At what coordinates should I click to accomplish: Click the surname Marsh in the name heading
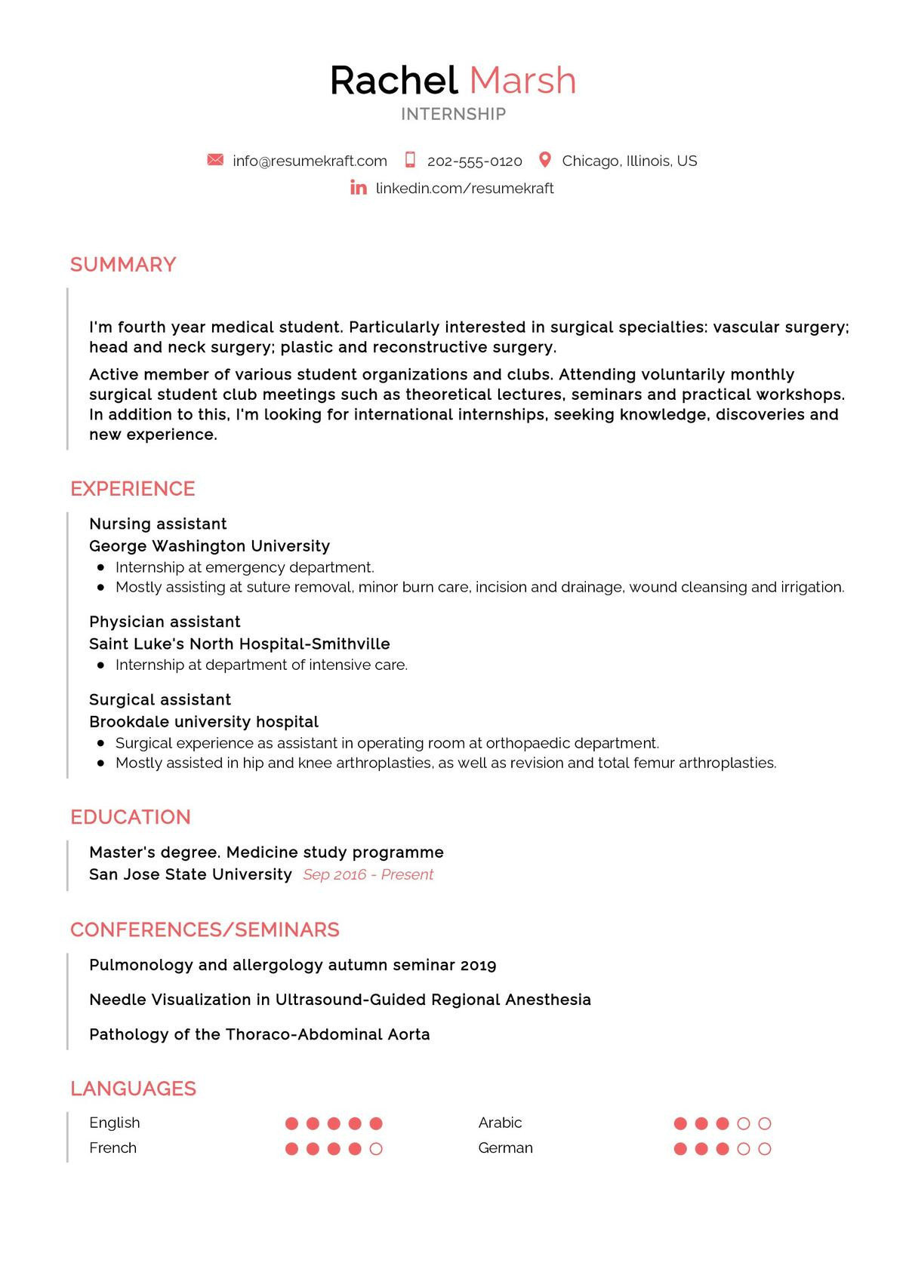tap(522, 80)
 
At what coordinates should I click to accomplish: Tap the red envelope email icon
tap(215, 160)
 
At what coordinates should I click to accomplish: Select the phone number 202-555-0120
tap(474, 161)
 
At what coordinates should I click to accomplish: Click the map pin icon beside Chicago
tap(544, 160)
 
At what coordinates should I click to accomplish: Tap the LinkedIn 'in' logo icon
tap(359, 188)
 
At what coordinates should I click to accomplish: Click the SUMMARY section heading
tap(123, 265)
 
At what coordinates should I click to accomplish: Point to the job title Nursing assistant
tap(158, 524)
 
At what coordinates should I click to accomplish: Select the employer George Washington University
tap(209, 545)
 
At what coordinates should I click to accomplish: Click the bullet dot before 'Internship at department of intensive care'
tap(100, 665)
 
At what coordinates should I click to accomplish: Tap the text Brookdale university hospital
tap(204, 721)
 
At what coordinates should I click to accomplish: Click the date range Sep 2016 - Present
tap(368, 874)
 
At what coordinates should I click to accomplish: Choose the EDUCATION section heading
tap(131, 817)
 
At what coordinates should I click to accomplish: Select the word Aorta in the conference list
tap(408, 1034)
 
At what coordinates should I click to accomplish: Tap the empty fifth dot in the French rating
tap(376, 1149)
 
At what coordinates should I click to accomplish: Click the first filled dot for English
tap(291, 1123)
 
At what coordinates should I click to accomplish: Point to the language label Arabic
tap(500, 1123)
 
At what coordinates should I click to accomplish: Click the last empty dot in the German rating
tap(764, 1149)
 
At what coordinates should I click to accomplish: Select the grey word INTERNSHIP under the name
tap(453, 114)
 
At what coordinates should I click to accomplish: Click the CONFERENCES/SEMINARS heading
tap(205, 929)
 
